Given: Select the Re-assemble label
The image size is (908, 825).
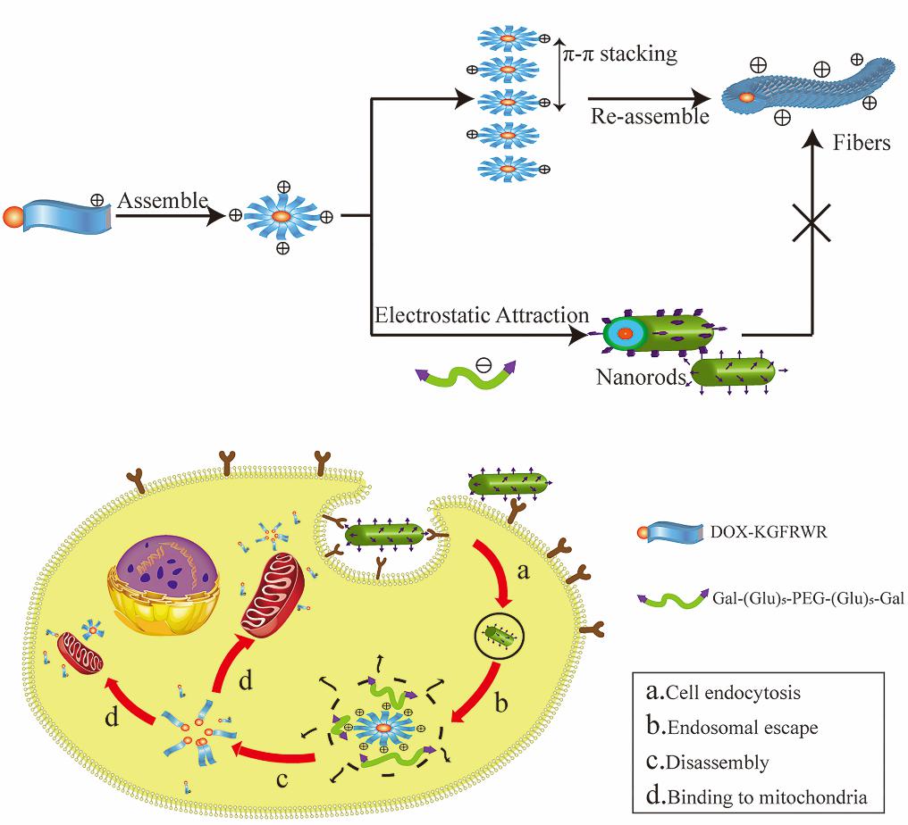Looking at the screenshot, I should click(x=636, y=117).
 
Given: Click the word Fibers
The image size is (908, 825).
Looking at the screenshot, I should click(x=862, y=143).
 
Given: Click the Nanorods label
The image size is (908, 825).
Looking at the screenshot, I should click(x=640, y=377).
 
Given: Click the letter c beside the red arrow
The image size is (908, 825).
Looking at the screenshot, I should click(x=281, y=779).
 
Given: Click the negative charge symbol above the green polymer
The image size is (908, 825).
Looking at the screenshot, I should click(x=483, y=365).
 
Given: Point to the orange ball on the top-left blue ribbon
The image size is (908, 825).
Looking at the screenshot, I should click(x=12, y=217).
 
